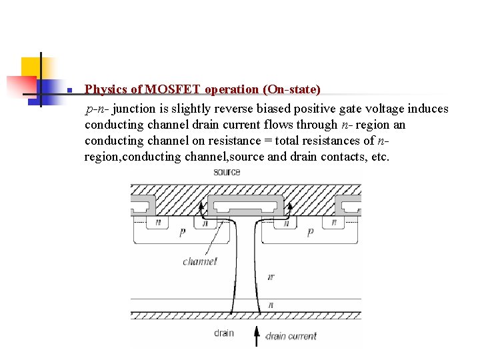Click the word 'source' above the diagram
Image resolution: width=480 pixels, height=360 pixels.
pos(227,172)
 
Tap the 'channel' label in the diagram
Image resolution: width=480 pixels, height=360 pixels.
pos(199,261)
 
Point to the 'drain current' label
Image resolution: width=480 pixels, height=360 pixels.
pos(291,336)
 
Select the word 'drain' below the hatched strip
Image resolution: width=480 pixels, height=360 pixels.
pos(224,333)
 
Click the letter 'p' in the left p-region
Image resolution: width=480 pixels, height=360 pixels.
pos(182,233)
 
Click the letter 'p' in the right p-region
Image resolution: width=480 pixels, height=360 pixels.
pos(310,233)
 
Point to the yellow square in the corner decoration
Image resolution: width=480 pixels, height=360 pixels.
pos(31,67)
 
